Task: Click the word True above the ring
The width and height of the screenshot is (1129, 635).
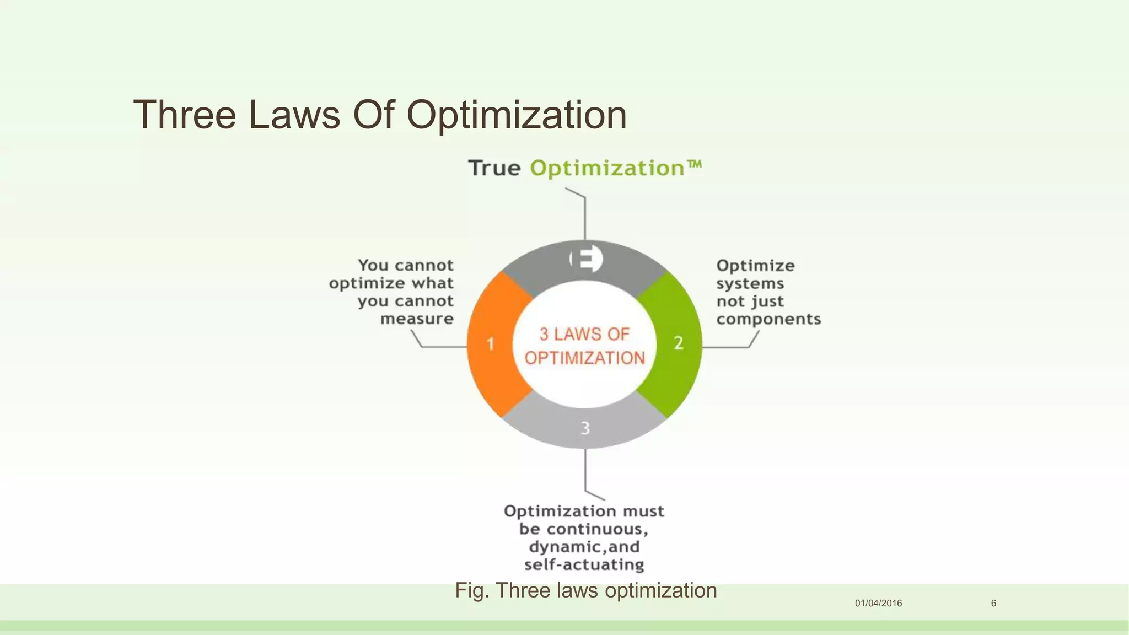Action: tap(494, 168)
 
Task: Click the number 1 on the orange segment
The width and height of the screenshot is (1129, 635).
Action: tap(490, 345)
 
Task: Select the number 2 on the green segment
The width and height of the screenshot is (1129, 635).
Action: tap(679, 343)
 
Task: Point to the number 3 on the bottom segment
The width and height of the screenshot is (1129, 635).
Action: tap(585, 428)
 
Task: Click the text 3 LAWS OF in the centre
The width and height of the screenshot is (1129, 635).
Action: tap(584, 334)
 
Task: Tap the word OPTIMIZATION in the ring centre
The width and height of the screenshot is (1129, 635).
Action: tap(584, 358)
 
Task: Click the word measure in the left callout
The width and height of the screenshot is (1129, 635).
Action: tap(417, 319)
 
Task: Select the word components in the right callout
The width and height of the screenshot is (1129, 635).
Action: tap(768, 319)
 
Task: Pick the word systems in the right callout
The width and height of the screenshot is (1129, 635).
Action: tap(750, 284)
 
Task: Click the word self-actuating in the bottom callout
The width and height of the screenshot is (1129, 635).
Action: tap(584, 565)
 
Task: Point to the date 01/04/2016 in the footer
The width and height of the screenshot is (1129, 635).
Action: tap(878, 603)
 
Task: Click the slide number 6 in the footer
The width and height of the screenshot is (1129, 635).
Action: tap(993, 603)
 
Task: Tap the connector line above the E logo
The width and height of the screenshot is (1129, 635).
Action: tap(585, 218)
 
